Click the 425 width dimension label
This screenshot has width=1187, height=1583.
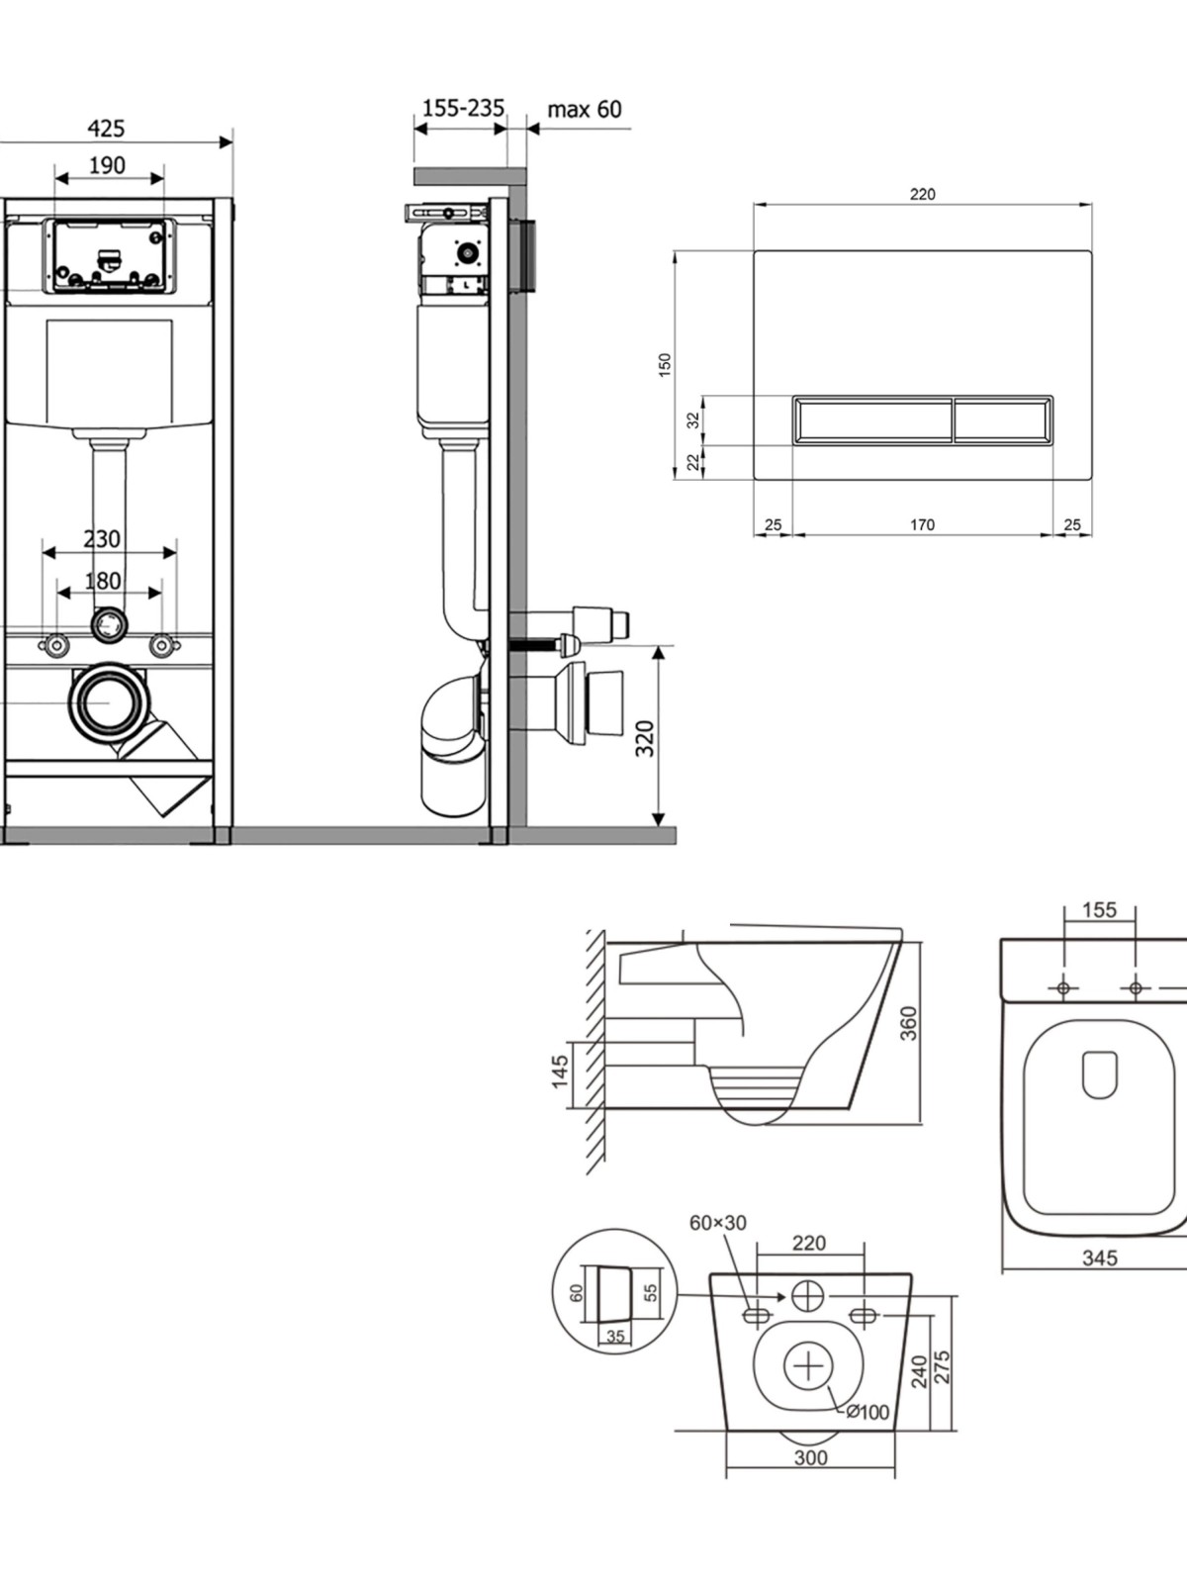pyautogui.click(x=106, y=129)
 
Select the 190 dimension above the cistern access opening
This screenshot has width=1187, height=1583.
pyautogui.click(x=107, y=165)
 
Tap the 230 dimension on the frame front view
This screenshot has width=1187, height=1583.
pyautogui.click(x=102, y=539)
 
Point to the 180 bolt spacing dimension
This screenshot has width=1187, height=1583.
pyautogui.click(x=103, y=581)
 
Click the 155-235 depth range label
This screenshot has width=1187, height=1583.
pyautogui.click(x=463, y=108)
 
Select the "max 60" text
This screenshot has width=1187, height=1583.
pyautogui.click(x=585, y=109)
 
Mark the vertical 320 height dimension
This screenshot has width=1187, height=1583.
pyautogui.click(x=645, y=738)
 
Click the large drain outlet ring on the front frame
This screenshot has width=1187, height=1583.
pyautogui.click(x=111, y=702)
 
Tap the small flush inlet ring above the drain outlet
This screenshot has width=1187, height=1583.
pyautogui.click(x=109, y=624)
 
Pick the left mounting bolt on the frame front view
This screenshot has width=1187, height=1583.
pyautogui.click(x=56, y=645)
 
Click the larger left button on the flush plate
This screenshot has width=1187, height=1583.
pyautogui.click(x=872, y=419)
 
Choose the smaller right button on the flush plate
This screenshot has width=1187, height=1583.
pyautogui.click(x=1003, y=419)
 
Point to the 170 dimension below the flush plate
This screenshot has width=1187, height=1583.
pyautogui.click(x=922, y=525)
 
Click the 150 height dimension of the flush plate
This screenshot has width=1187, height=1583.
pyautogui.click(x=665, y=363)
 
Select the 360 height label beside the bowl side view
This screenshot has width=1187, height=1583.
pyautogui.click(x=909, y=1023)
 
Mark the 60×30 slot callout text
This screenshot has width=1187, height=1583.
pyautogui.click(x=718, y=1223)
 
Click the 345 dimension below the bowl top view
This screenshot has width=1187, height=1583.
pyautogui.click(x=1100, y=1257)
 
